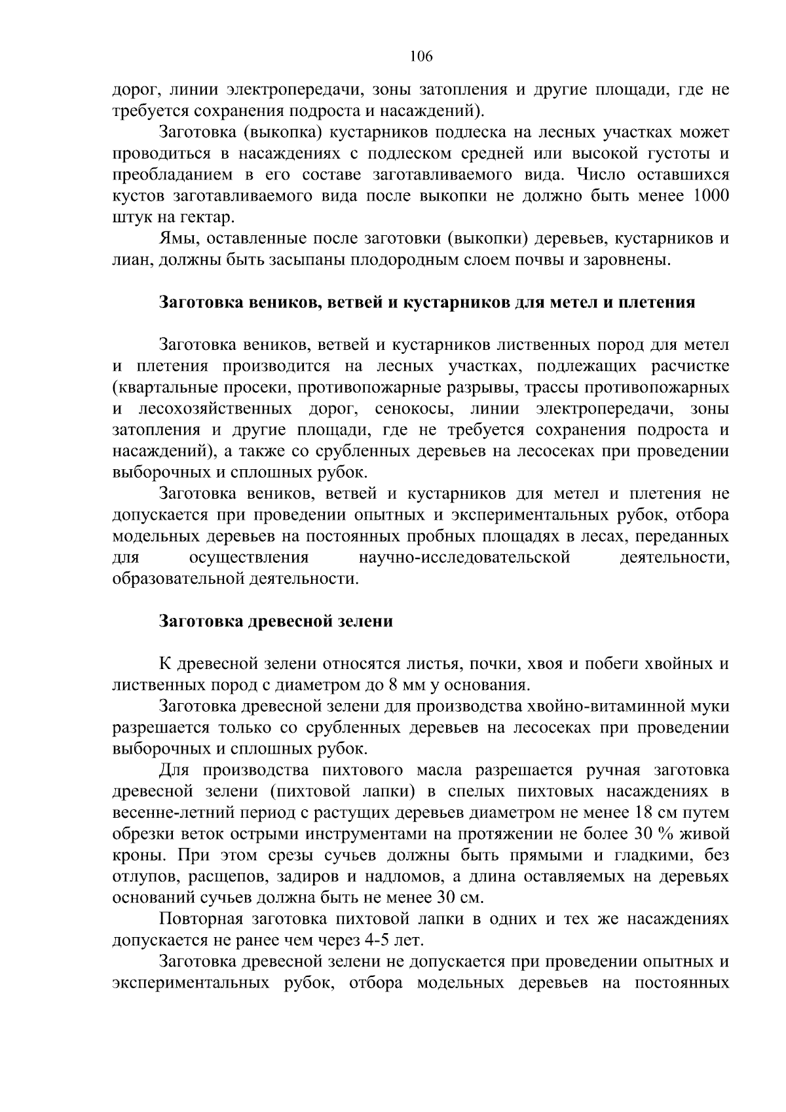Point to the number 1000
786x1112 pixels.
click(711, 196)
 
